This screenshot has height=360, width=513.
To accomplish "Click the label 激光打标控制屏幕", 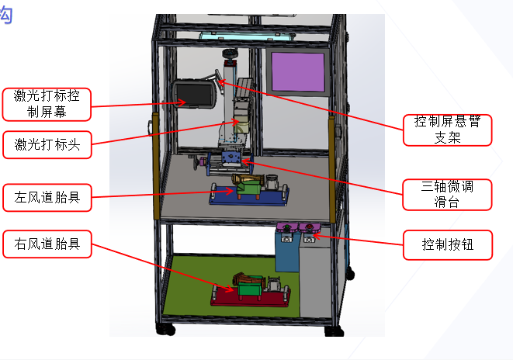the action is (x=47, y=104).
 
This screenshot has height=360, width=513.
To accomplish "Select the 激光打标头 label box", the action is (x=47, y=144).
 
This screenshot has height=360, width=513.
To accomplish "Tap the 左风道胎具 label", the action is (x=47, y=198).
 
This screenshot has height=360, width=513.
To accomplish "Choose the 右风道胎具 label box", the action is (x=47, y=244).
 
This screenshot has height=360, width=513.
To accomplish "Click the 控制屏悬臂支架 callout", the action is (x=447, y=130).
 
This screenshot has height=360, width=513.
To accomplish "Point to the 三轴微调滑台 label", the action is (x=447, y=195).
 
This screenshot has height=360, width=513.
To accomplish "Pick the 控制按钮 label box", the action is (x=448, y=245).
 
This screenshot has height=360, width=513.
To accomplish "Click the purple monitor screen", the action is (x=298, y=72).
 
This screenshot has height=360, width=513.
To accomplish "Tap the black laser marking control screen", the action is (x=194, y=95).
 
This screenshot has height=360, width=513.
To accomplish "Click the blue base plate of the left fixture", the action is (x=249, y=197).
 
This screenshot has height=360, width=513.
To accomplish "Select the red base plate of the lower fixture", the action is (x=251, y=299).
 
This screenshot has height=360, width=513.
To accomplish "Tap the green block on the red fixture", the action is (x=250, y=289).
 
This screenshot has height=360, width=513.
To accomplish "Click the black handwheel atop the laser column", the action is (x=230, y=53).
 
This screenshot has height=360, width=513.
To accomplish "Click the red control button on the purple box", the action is (x=309, y=227).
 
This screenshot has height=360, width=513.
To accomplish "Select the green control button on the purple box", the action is (x=287, y=227).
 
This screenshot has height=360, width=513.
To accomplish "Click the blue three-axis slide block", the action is (x=231, y=157).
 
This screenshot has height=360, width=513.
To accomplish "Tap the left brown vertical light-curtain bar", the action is (x=156, y=166).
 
